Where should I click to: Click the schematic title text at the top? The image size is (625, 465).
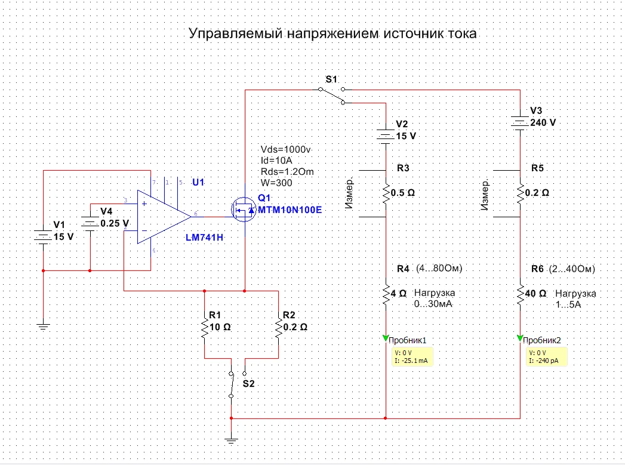[x=332, y=33]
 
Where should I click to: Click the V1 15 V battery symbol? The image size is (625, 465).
[x=44, y=236]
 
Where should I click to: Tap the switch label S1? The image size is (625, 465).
[x=331, y=79]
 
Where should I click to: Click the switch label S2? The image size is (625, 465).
[x=248, y=384]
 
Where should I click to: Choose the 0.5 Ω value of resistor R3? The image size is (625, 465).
[x=402, y=193]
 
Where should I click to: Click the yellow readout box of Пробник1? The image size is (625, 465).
[x=413, y=356]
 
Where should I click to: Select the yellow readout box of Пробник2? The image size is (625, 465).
[x=546, y=356]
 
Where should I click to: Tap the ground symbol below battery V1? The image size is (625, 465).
[x=44, y=327]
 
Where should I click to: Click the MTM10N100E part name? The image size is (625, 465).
[x=290, y=210]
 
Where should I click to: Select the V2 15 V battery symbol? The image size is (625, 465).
[x=386, y=136]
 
